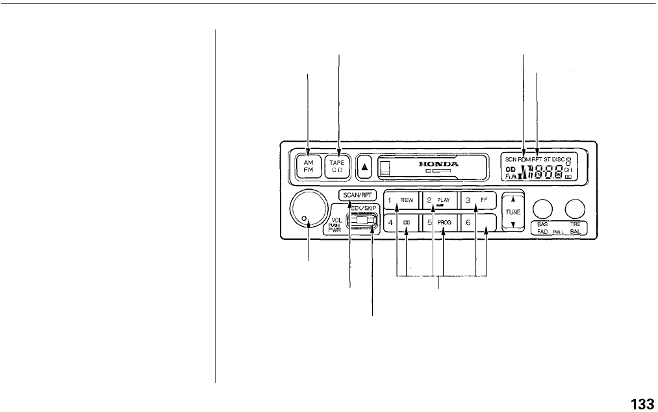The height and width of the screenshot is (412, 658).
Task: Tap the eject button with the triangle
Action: click(x=364, y=166)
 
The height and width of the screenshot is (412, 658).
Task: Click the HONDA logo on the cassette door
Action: click(x=438, y=164)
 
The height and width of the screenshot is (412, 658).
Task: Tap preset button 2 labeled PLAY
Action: click(x=438, y=201)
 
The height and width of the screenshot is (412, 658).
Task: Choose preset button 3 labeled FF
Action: click(x=477, y=201)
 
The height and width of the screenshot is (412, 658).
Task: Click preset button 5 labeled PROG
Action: click(x=438, y=222)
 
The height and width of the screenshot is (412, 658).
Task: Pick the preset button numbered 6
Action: click(x=477, y=222)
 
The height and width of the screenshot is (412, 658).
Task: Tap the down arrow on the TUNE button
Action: click(x=512, y=224)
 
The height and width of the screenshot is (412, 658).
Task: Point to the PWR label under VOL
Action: click(x=335, y=229)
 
